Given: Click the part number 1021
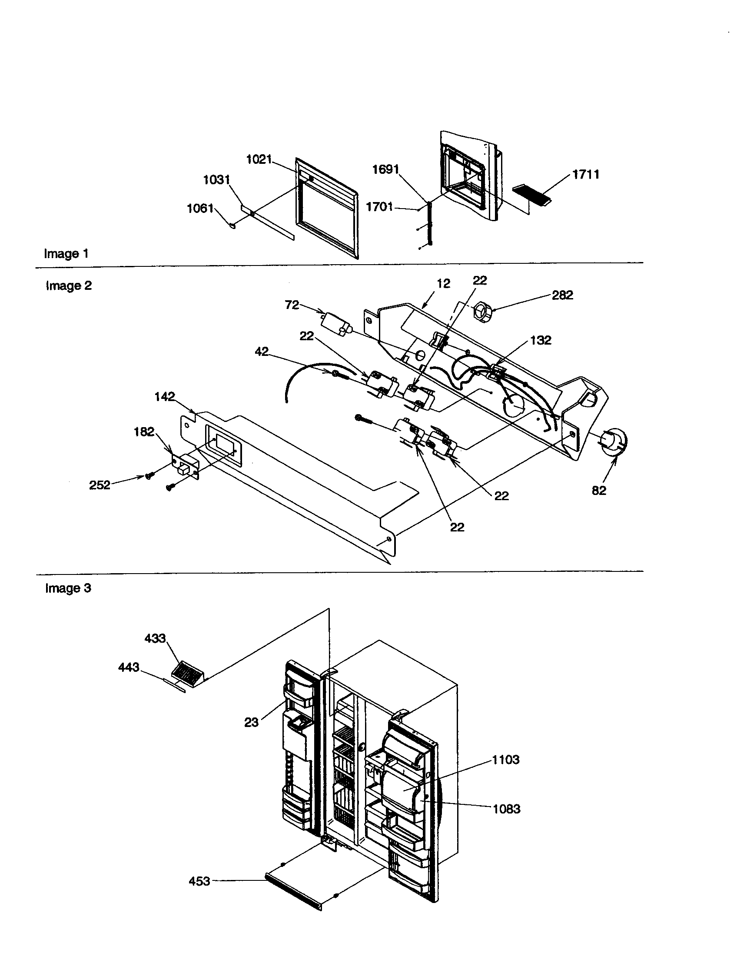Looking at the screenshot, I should pos(259,159).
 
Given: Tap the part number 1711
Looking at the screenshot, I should pos(586,174).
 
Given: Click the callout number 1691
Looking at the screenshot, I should pos(385,169).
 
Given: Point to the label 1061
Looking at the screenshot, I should pos(200,208).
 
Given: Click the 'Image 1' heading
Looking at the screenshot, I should pos(66,253).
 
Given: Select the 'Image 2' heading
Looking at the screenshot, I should pos(69,285).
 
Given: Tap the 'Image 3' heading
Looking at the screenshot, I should pos(68,588).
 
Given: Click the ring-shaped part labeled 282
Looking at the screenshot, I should pos(482,313).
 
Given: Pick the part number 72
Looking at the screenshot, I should pos(292,305).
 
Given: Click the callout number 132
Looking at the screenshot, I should pos(541,340).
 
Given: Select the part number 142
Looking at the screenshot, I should pos(165,397).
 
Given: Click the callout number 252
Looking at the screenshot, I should pos(100,485).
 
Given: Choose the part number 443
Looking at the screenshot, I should pos(129,667).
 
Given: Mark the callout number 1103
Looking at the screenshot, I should pos(505,760).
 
